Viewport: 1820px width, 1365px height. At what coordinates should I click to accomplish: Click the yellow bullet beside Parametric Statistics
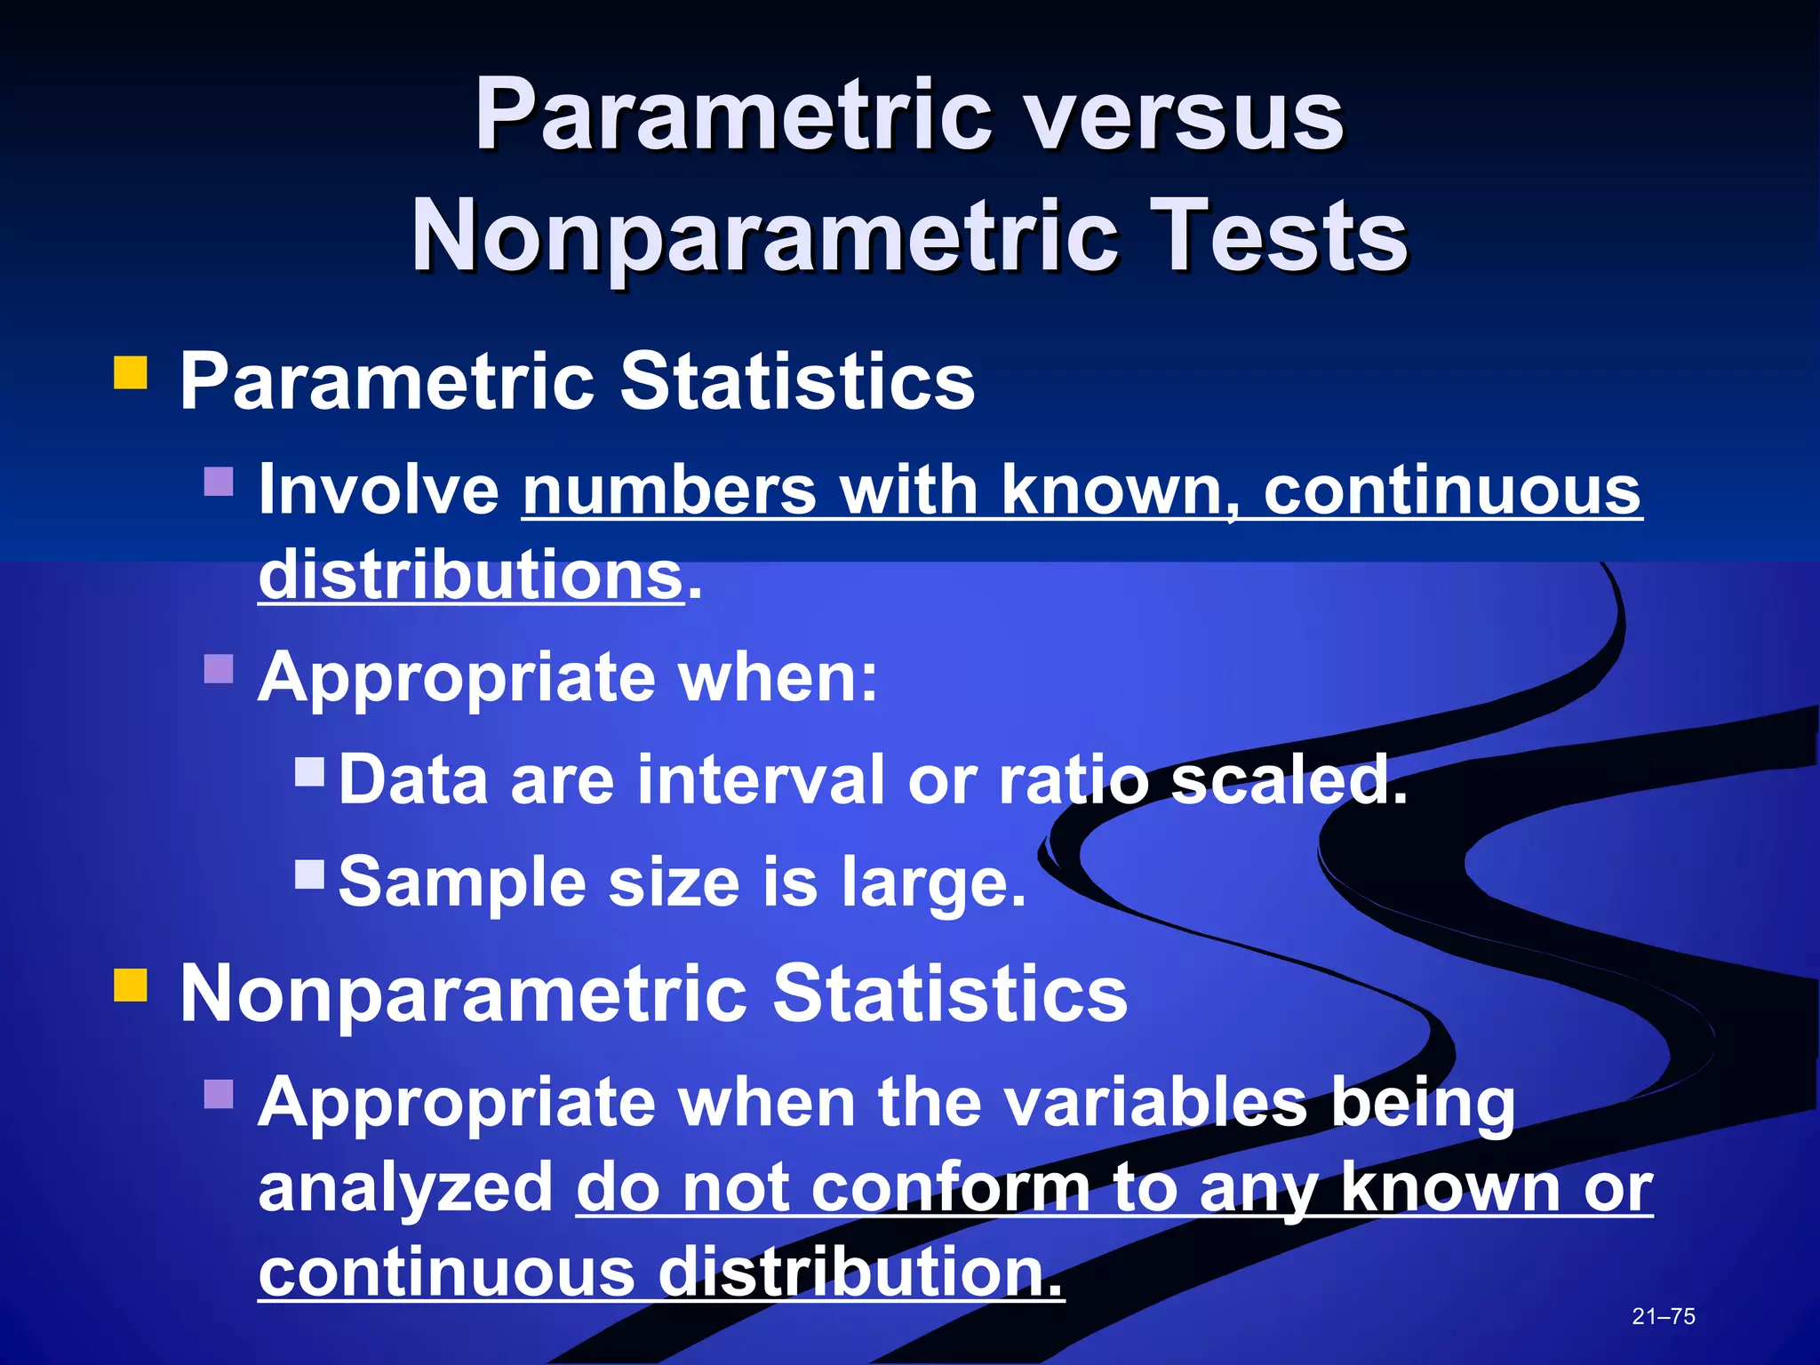click(x=131, y=373)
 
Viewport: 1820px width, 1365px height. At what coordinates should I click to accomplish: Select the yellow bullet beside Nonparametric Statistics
click(x=131, y=985)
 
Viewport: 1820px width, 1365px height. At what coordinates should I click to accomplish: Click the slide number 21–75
click(x=1663, y=1316)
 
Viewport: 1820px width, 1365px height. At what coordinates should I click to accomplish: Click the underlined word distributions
click(x=470, y=575)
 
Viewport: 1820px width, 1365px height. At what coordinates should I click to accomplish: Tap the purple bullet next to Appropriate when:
click(x=219, y=668)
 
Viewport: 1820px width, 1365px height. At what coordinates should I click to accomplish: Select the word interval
click(x=761, y=779)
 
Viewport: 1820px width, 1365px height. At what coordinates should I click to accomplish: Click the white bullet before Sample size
click(x=309, y=874)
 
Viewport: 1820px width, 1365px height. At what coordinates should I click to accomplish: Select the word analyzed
click(x=406, y=1189)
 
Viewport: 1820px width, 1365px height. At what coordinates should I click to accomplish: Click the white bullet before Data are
click(x=309, y=771)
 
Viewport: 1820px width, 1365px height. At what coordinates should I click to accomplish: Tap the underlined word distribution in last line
click(x=859, y=1272)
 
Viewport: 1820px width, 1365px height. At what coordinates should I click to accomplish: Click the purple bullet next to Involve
click(x=219, y=482)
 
